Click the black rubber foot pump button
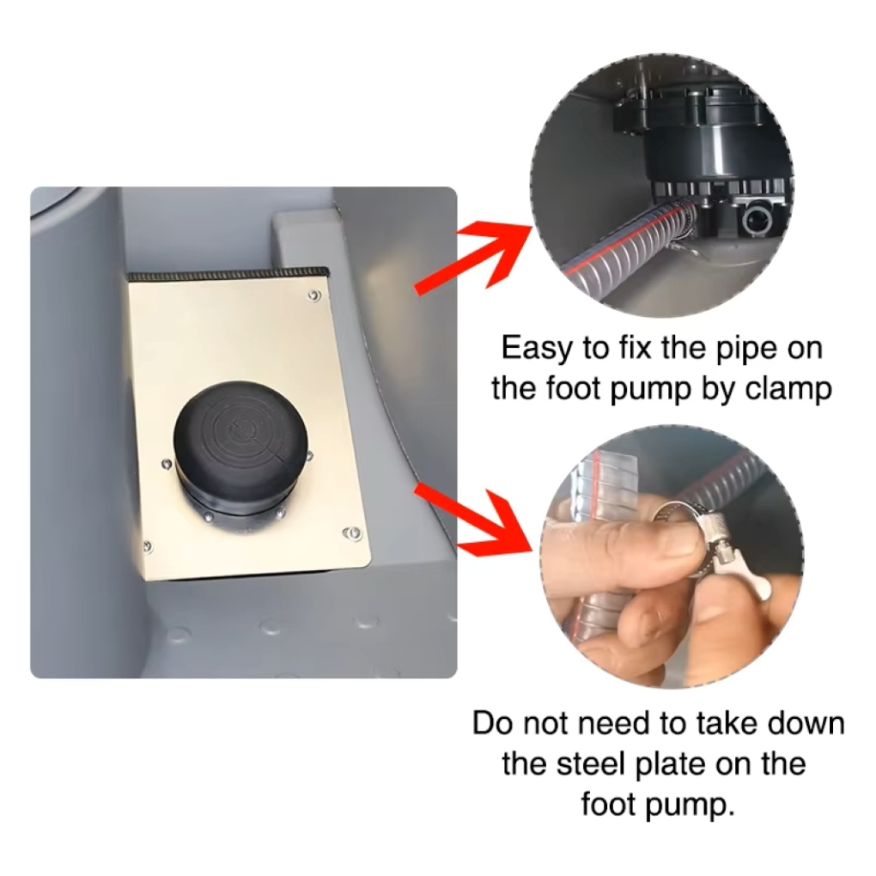point(240,441)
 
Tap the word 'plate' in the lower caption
point(671,765)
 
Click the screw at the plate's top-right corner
point(314,295)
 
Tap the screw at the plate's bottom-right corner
point(352,533)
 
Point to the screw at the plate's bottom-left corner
point(148,545)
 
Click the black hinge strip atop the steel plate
point(228,274)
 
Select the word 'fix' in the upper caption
point(636,349)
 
